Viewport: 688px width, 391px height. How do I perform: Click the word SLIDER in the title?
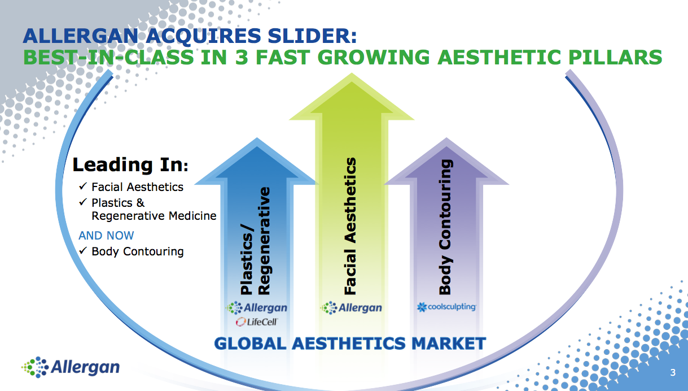click(x=312, y=36)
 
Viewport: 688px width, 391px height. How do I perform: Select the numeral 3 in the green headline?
click(x=242, y=57)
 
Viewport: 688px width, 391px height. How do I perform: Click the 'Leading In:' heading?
click(x=130, y=165)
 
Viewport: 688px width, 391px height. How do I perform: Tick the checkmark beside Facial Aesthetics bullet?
click(x=83, y=186)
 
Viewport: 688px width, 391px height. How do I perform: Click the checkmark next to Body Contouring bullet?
click(x=83, y=250)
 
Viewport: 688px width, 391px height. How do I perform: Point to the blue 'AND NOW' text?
click(x=106, y=236)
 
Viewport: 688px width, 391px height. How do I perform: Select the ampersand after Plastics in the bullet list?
click(x=141, y=203)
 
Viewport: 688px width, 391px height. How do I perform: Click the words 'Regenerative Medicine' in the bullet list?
click(x=154, y=216)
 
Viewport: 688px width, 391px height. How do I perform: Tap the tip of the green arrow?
click(x=352, y=73)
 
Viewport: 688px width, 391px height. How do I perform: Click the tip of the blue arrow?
click(x=257, y=138)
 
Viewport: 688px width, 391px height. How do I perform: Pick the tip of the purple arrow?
click(x=446, y=138)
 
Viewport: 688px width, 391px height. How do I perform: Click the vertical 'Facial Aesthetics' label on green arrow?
click(x=350, y=226)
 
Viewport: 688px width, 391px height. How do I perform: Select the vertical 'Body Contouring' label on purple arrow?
click(x=445, y=227)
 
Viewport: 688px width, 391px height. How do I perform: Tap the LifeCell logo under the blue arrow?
click(x=257, y=322)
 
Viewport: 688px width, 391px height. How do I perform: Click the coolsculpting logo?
click(x=446, y=307)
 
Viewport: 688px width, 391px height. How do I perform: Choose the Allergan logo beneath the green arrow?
click(x=351, y=308)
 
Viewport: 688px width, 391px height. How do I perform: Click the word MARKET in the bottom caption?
click(x=449, y=344)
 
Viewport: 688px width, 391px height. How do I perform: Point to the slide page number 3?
click(x=673, y=372)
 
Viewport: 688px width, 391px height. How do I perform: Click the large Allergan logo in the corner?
click(x=71, y=367)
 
